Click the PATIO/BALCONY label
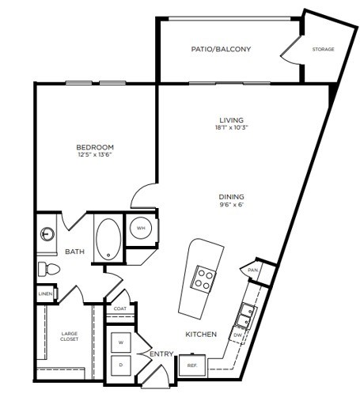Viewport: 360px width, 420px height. pyautogui.click(x=222, y=49)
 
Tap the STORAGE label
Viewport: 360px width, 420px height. pyautogui.click(x=323, y=49)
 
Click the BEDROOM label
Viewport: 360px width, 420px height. pyautogui.click(x=96, y=147)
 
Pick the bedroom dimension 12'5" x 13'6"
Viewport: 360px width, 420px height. pyautogui.click(x=96, y=155)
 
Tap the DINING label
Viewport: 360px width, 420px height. pyautogui.click(x=232, y=197)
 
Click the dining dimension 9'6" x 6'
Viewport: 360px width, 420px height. pyautogui.click(x=232, y=205)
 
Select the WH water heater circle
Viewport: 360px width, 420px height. pyautogui.click(x=141, y=229)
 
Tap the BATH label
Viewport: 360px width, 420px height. pyautogui.click(x=74, y=252)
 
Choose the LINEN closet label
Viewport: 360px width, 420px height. pyautogui.click(x=44, y=294)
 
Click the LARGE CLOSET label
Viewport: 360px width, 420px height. pyautogui.click(x=70, y=337)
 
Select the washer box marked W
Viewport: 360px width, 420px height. pyautogui.click(x=122, y=342)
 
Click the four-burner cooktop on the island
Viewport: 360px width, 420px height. pyautogui.click(x=205, y=278)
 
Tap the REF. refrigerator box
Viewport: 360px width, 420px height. pyautogui.click(x=192, y=366)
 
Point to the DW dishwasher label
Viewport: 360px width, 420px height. pyautogui.click(x=237, y=335)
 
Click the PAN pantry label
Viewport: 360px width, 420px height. pyautogui.click(x=253, y=270)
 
